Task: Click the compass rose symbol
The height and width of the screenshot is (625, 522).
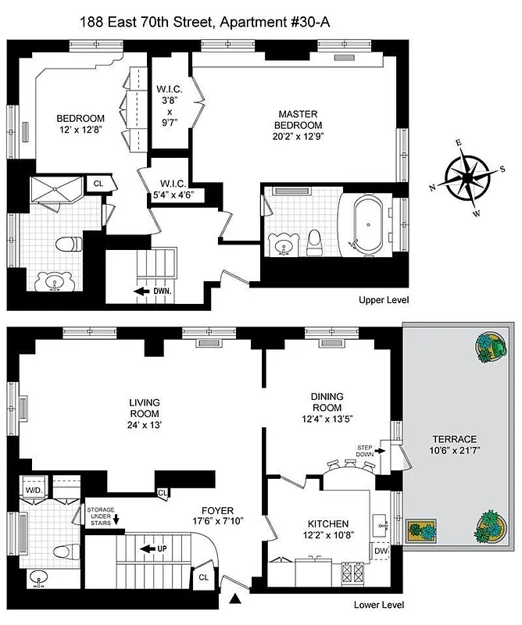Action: coord(466,179)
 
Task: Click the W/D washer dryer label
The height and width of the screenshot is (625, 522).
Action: coord(34,491)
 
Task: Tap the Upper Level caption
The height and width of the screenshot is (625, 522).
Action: coord(384,300)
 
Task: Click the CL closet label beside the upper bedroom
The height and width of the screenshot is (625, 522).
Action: coord(98,183)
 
